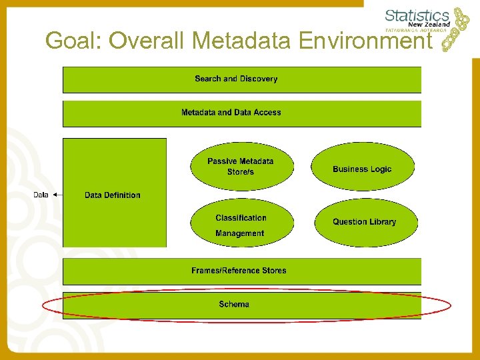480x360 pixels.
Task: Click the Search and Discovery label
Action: (x=236, y=79)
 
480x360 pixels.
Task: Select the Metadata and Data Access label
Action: (x=231, y=113)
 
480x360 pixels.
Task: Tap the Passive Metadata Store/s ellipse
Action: (x=241, y=166)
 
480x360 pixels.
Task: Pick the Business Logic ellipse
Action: (x=362, y=169)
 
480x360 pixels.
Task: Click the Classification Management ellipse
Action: (x=241, y=225)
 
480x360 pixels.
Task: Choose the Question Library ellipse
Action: (x=364, y=222)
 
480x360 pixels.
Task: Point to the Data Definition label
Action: (x=113, y=195)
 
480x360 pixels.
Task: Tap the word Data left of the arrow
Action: (x=41, y=195)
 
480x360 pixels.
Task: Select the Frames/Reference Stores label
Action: (x=239, y=271)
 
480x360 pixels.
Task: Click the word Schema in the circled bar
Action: (x=234, y=305)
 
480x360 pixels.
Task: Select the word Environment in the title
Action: (x=366, y=41)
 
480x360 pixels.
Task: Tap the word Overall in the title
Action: (x=147, y=41)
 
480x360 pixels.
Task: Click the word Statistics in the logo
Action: (x=417, y=15)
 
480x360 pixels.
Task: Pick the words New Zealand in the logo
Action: (x=431, y=25)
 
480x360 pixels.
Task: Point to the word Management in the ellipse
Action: (x=239, y=233)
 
